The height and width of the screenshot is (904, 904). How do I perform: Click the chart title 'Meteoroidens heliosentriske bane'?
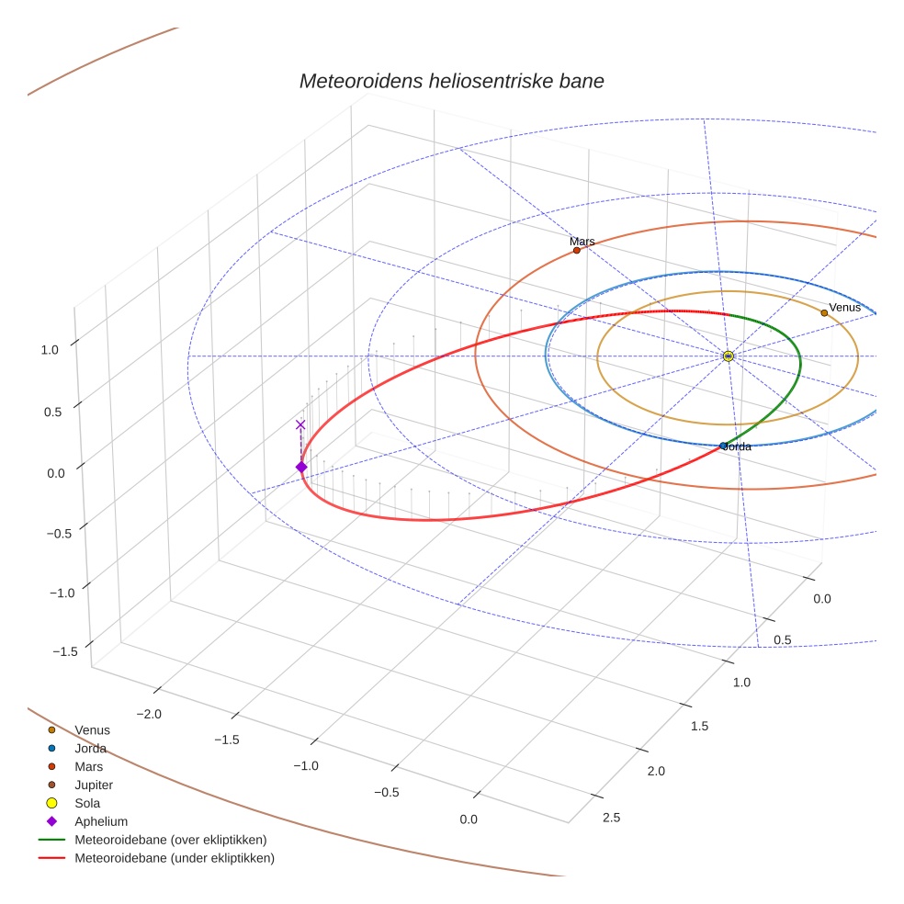point(451,81)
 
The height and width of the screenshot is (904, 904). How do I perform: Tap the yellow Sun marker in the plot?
point(728,356)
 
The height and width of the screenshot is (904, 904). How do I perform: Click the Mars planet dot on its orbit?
point(576,250)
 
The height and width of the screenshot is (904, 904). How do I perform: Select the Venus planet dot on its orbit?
point(824,312)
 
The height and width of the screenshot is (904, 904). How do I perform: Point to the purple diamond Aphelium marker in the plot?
point(300,468)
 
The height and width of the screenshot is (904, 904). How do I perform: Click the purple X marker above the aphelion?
point(300,424)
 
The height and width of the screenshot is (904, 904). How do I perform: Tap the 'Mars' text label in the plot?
point(582,242)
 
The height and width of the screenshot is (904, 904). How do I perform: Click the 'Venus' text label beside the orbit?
point(844,307)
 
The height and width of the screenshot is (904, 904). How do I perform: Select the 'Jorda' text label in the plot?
point(737,446)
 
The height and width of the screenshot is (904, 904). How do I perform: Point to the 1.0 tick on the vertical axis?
point(50,349)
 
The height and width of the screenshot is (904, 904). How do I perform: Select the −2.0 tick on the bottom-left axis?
point(148,714)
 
